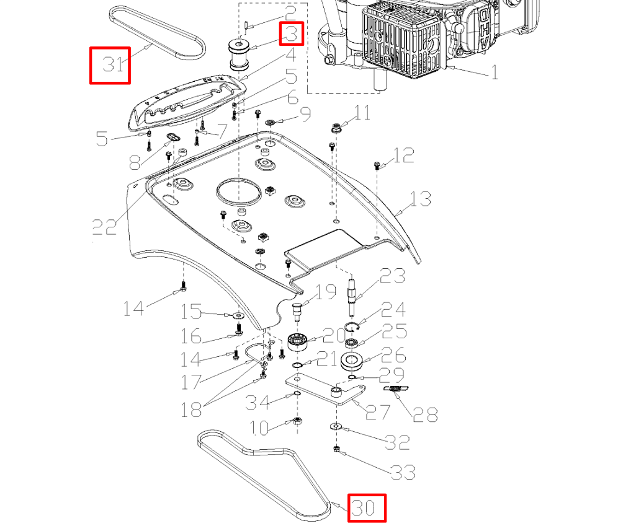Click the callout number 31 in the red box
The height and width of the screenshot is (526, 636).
tap(110, 64)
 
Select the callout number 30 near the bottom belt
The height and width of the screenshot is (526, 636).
tap(366, 508)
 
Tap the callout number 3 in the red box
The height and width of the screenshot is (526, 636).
tap(292, 33)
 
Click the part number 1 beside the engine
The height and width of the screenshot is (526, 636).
tap(495, 73)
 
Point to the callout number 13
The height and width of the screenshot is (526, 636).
tap(421, 199)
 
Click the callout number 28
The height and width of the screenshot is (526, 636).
tap(425, 414)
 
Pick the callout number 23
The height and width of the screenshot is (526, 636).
tap(392, 276)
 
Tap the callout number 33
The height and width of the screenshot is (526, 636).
tap(403, 473)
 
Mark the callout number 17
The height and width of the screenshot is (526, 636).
tap(191, 382)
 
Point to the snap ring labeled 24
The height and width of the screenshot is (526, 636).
tap(352, 329)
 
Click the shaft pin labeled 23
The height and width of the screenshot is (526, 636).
tap(353, 291)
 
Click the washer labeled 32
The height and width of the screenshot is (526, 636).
tap(336, 426)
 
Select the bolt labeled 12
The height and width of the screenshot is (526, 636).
tap(377, 165)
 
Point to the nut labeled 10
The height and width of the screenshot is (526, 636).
tap(297, 423)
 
